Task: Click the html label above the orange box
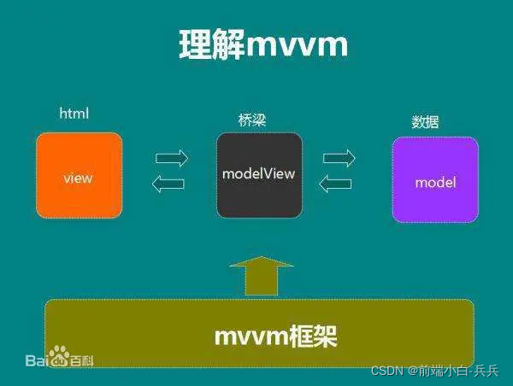point(74,113)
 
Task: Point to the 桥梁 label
point(252,120)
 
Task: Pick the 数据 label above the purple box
point(425,122)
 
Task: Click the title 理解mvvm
point(263,45)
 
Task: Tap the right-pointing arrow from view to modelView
point(172,158)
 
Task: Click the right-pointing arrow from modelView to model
point(339,158)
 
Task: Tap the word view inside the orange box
point(78,178)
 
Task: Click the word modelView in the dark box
point(258,173)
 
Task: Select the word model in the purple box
point(435,182)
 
